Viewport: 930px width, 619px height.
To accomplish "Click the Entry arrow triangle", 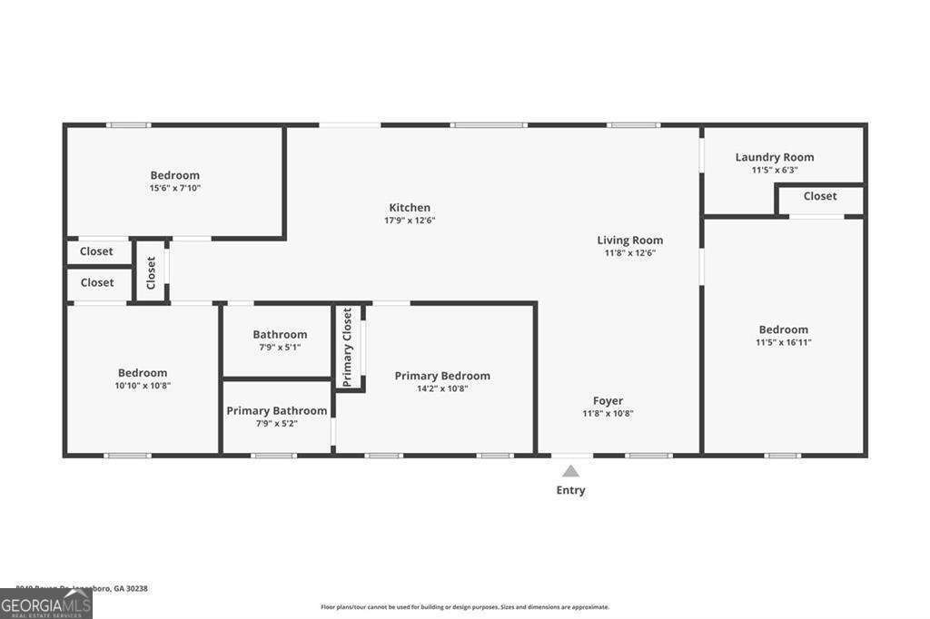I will click(570, 471).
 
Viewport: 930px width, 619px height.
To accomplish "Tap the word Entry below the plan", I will click(570, 490).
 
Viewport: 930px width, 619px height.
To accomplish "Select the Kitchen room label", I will click(410, 208).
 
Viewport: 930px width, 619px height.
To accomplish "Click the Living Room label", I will click(629, 241).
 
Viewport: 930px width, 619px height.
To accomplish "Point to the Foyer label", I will click(608, 401).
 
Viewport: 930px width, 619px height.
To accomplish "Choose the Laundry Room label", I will click(774, 157).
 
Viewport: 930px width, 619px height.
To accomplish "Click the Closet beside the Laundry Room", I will click(819, 196).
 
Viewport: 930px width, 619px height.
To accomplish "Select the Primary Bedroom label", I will click(442, 376).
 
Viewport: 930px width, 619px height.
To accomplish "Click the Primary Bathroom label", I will click(276, 411).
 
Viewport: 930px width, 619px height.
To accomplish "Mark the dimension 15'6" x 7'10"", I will click(174, 188).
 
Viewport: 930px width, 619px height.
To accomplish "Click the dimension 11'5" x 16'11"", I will click(783, 342).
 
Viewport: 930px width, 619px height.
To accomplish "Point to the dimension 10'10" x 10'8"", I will click(143, 385).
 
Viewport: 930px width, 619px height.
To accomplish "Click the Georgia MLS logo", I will click(46, 604).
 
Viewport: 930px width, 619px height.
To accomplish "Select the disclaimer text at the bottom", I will click(464, 607).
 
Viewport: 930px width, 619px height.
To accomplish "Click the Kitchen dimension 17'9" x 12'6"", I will click(410, 221).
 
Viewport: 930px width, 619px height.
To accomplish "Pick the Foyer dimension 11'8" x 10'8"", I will click(608, 414).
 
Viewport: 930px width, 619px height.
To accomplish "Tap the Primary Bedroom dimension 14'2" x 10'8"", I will click(442, 388).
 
